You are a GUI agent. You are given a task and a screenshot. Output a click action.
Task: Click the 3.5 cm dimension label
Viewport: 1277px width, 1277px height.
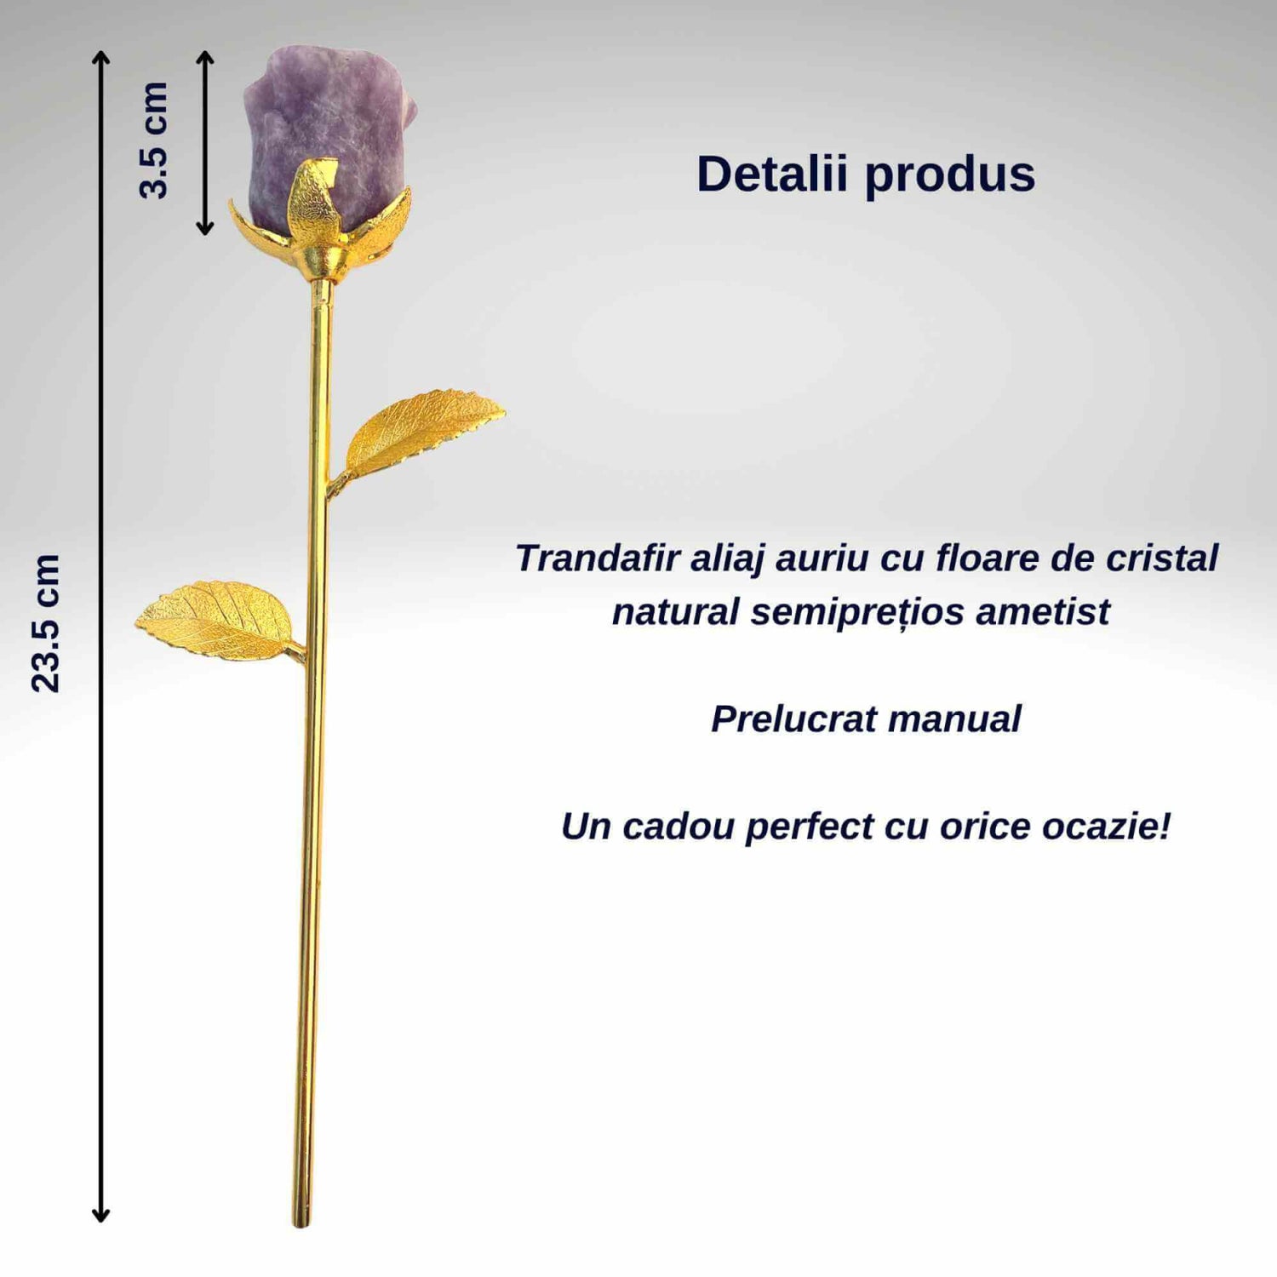point(154,140)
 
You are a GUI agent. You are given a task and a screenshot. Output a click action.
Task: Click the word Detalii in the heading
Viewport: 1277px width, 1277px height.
point(772,174)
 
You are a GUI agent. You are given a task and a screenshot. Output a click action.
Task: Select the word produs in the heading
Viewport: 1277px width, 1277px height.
point(950,176)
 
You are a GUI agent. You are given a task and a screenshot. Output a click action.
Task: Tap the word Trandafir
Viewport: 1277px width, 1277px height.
point(598,558)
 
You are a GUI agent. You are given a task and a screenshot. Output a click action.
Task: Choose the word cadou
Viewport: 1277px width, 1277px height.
point(679,827)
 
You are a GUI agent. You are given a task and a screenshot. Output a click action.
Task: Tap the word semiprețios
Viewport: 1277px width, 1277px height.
point(857,613)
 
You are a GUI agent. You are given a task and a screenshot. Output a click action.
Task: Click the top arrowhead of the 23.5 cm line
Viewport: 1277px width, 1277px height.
point(101,56)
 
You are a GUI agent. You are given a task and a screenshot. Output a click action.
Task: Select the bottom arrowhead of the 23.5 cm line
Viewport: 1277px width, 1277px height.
point(100,1216)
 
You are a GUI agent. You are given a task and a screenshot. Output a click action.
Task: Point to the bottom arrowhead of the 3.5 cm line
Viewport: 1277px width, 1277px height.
point(205,228)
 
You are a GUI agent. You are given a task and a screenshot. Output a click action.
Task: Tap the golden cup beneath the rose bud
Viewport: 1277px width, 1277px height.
point(324,261)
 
